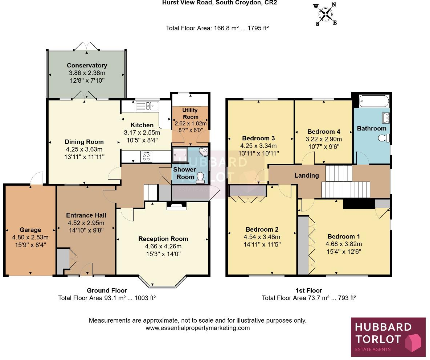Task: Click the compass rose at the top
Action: pyautogui.click(x=325, y=14)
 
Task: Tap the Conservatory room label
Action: pyautogui.click(x=87, y=66)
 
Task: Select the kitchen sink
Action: pyautogui.click(x=147, y=106)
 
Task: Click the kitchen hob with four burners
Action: pyautogui.click(x=146, y=157)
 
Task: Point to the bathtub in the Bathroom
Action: pyautogui.click(x=373, y=101)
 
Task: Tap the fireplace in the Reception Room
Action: pyautogui.click(x=176, y=207)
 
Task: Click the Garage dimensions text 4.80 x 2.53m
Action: pyautogui.click(x=30, y=237)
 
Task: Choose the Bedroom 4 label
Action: pyautogui.click(x=324, y=132)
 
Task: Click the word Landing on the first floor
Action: pyautogui.click(x=307, y=175)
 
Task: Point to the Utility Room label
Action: pyautogui.click(x=191, y=114)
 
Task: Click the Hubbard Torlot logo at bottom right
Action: pyautogui.click(x=388, y=337)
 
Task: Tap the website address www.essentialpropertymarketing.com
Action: pyautogui.click(x=198, y=328)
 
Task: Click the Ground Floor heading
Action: pyautogui.click(x=107, y=290)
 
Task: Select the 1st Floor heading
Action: pyautogui.click(x=308, y=290)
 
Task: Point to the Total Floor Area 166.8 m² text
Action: pyautogui.click(x=217, y=28)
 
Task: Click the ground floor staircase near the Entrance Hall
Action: pyautogui.click(x=151, y=193)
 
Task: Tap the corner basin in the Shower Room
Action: pyautogui.click(x=204, y=152)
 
